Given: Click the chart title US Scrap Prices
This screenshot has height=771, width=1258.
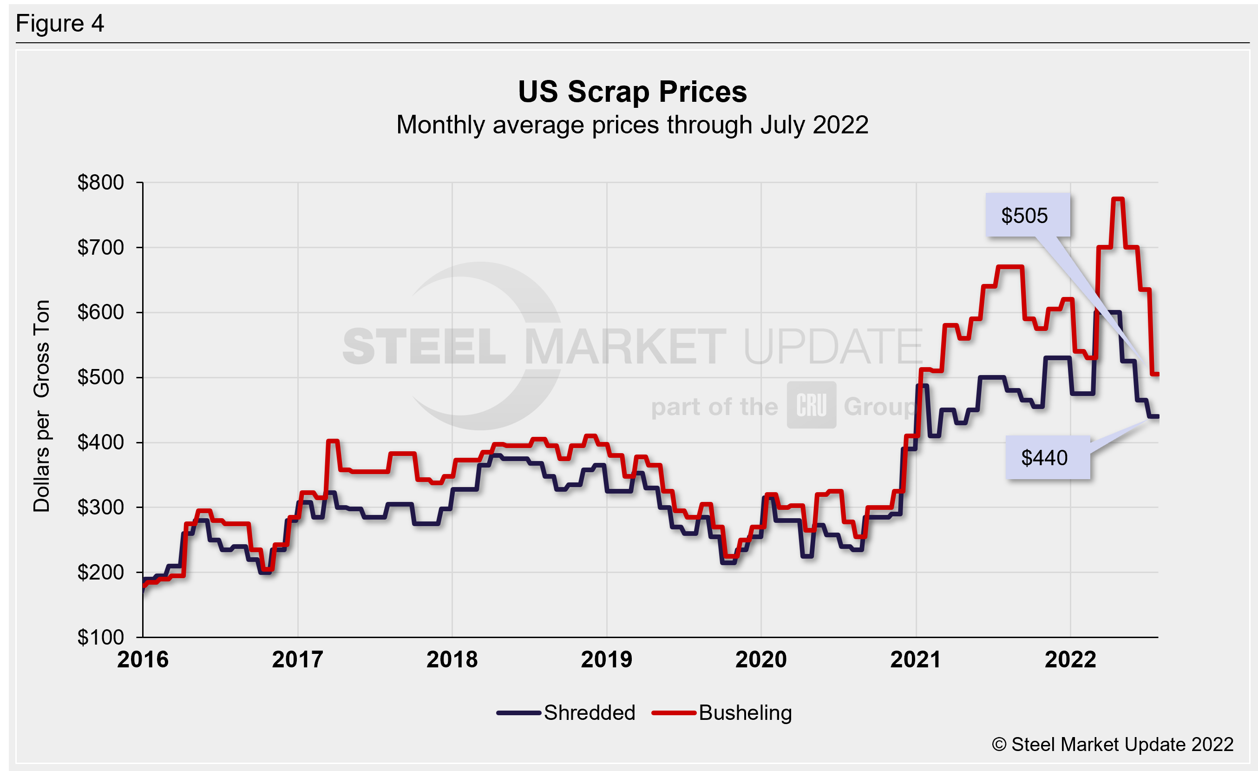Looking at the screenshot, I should coord(632,92).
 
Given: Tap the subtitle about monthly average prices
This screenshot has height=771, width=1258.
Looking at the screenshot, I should coord(632,125).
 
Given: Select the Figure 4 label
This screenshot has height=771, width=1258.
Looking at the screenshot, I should coord(60,24).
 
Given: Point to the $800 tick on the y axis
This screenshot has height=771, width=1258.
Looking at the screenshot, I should coord(101,182).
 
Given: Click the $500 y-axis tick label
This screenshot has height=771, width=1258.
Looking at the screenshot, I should coord(101,377).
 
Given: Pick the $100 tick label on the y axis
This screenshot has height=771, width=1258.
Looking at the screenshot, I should coord(101,637).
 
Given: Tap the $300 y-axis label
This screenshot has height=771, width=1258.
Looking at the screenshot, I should coord(101,507).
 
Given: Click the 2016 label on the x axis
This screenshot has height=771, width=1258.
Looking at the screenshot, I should coord(143,659).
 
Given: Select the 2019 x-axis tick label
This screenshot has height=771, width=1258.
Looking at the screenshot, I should coord(607,659).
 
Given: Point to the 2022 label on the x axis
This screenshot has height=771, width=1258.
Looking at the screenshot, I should coord(1070,659).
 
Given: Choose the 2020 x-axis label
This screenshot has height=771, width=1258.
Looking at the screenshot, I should coord(761,659).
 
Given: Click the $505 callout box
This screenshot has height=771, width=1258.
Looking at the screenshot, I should coord(1027,216).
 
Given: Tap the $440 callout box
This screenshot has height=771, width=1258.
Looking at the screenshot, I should coord(1047,457).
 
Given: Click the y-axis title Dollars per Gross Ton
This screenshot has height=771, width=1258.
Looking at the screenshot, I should coord(42,406).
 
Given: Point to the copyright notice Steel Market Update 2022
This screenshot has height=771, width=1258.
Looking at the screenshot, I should coord(1113,745).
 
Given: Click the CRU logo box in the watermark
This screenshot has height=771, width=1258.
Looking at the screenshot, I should coord(811,405).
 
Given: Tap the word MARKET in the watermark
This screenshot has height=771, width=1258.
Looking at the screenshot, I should coord(625,347).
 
